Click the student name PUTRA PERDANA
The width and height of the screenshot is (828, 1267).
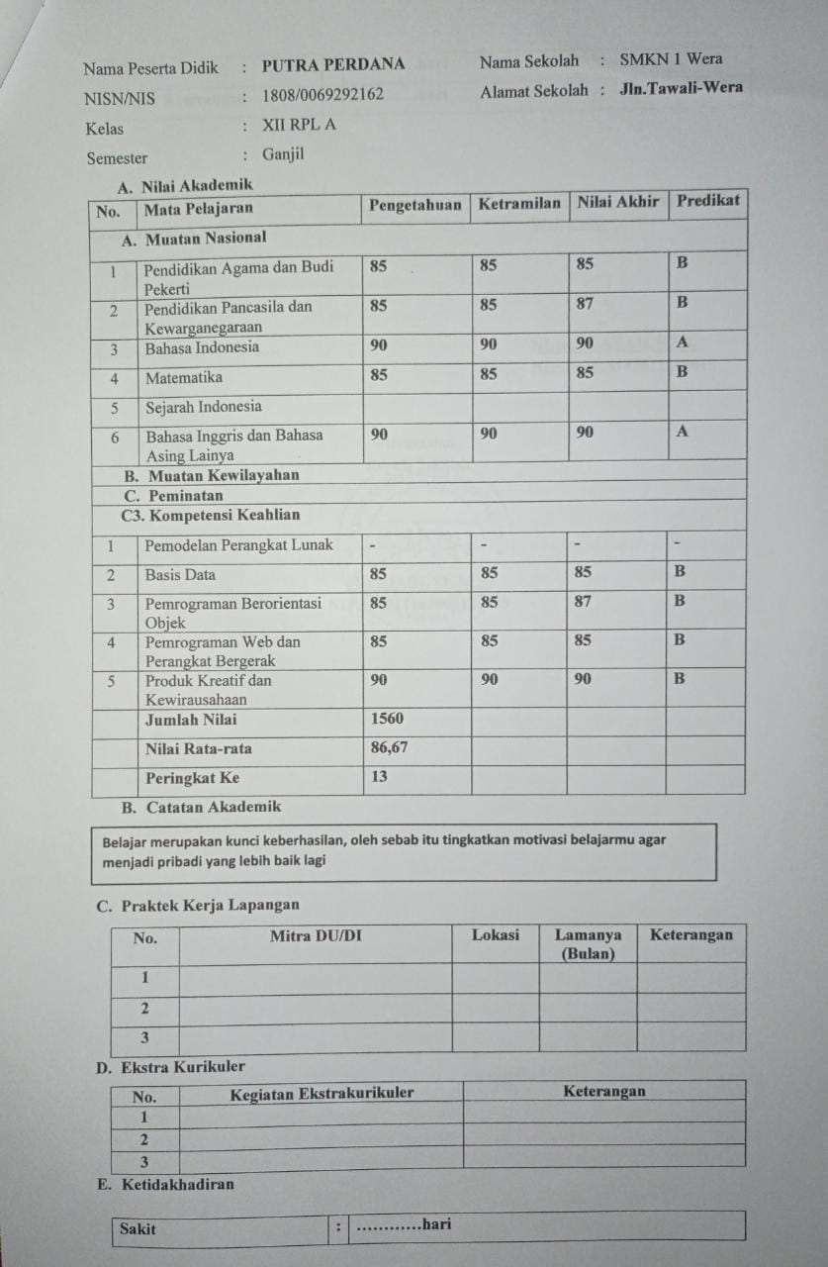coord(333,65)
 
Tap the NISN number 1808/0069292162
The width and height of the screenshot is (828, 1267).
coord(322,96)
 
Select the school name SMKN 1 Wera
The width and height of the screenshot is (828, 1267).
coord(671,59)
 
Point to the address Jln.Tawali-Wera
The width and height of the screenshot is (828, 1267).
coord(681,88)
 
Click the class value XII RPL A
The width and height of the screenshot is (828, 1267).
coord(299,126)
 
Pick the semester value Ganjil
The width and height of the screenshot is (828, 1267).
coord(283,154)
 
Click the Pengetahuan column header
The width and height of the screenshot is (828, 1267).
coord(415,205)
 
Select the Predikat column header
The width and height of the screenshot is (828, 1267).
coord(707,202)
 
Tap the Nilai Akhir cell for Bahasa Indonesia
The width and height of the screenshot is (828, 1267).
coord(585,343)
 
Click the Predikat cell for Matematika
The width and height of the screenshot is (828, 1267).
coord(682,373)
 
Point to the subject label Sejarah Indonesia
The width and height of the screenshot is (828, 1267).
coord(204,407)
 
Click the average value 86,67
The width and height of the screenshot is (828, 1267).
coord(389,747)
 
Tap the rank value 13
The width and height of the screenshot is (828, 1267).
coord(379,777)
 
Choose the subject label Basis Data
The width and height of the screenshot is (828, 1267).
coord(180,574)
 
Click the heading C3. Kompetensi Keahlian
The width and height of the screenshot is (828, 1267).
coord(210,516)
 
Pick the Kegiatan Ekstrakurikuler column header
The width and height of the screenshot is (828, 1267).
coord(322,1093)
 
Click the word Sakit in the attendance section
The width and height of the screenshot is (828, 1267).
coord(138,1228)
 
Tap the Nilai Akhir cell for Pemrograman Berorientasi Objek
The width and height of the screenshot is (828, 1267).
coord(585,601)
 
